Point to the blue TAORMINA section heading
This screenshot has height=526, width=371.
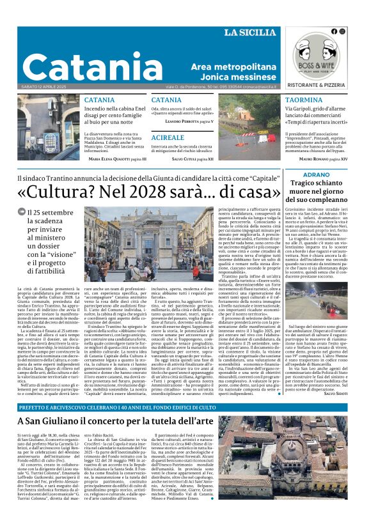click(x=303, y=100)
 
